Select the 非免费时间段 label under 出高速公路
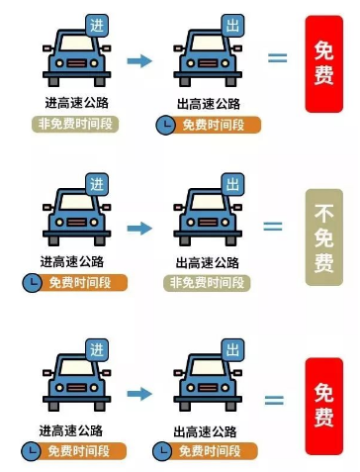click(208, 282)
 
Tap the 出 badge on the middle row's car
click(231, 184)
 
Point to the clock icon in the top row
click(164, 126)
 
